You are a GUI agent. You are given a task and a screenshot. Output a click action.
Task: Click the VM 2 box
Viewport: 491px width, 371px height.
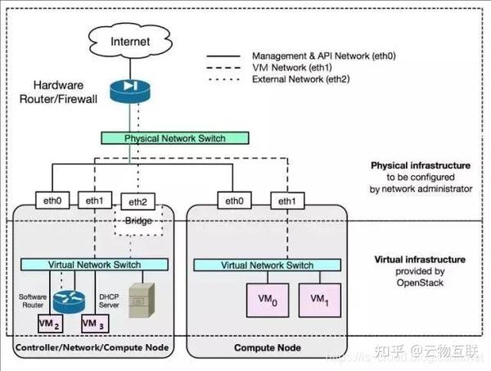(50, 324)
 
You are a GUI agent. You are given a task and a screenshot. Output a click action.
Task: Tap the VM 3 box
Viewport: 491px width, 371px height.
(94, 324)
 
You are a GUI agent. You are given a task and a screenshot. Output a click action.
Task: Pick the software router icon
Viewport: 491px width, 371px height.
(64, 299)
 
